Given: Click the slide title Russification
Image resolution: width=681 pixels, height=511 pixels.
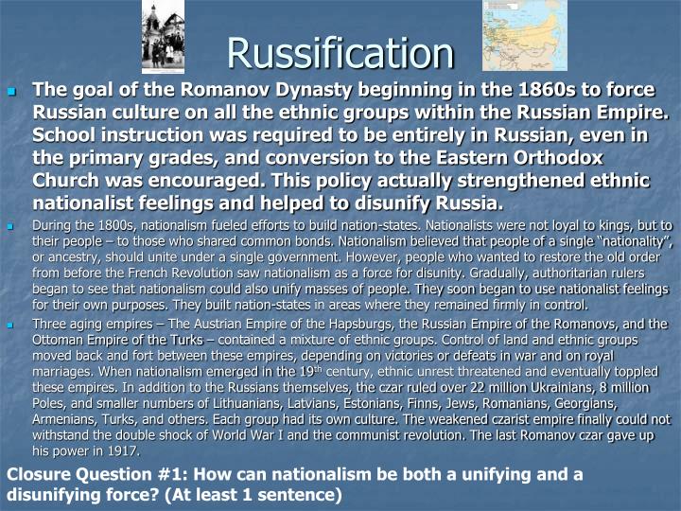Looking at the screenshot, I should pos(340,53).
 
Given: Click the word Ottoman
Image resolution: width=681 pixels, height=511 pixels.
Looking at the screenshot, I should pos(62,339).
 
